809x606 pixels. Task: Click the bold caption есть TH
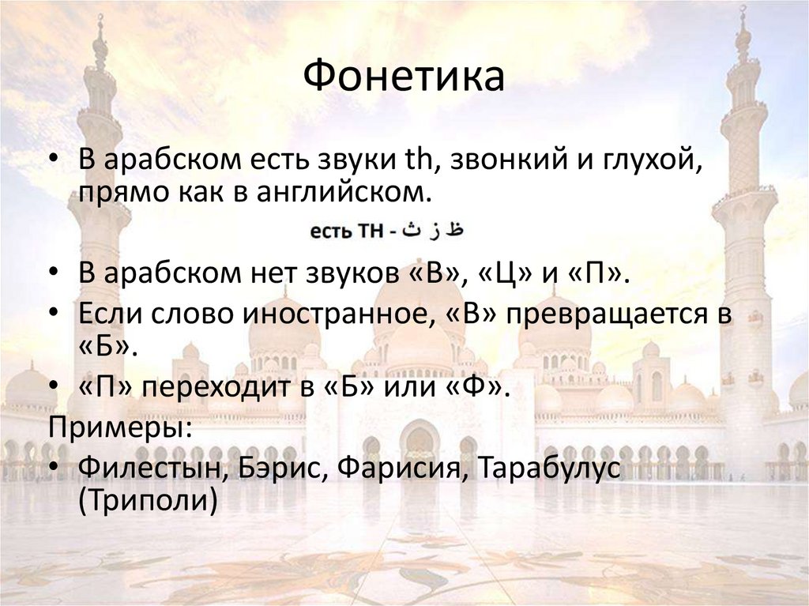(x=345, y=232)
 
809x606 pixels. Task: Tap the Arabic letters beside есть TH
(x=433, y=231)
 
